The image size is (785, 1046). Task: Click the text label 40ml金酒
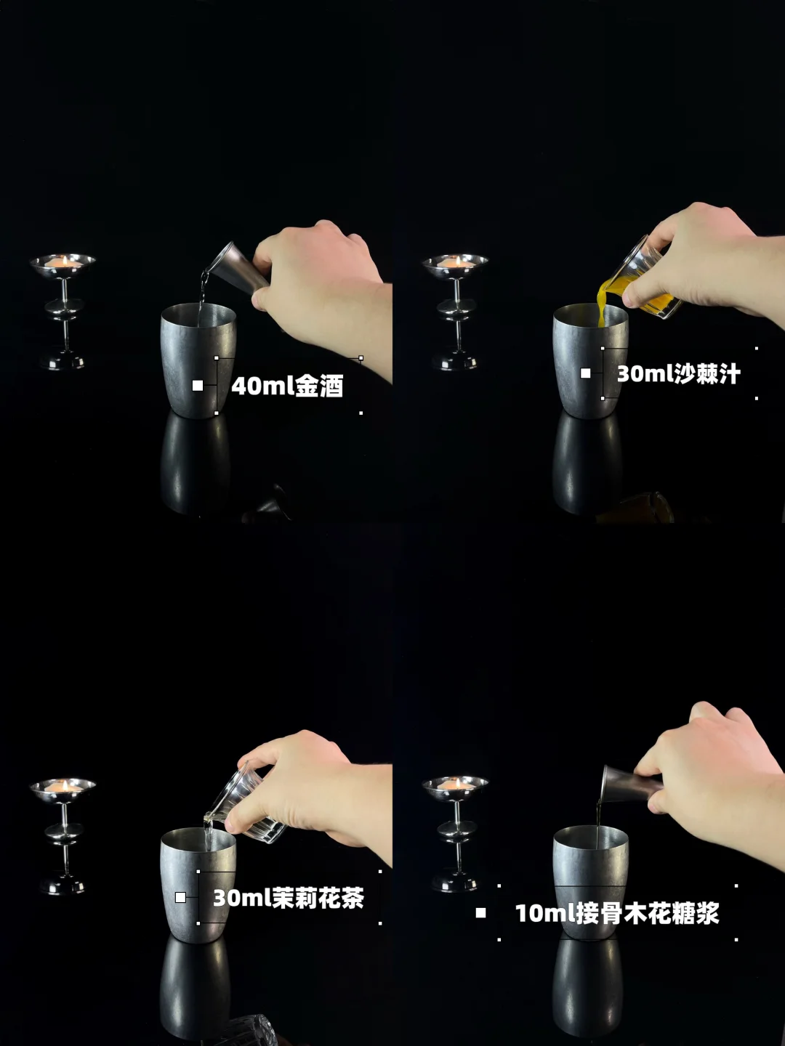[x=287, y=386]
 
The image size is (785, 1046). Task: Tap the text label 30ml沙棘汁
[x=679, y=373]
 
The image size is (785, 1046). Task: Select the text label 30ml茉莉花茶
[x=289, y=898]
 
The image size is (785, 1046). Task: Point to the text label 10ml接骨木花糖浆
[x=617, y=914]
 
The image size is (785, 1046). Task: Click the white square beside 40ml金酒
[x=197, y=386]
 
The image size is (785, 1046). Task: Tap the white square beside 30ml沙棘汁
[x=585, y=373]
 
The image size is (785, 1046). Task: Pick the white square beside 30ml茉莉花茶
[x=181, y=897]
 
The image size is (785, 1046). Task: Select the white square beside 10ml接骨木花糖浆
[x=480, y=913]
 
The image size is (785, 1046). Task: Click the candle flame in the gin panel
[x=65, y=261]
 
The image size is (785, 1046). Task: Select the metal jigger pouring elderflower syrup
[x=632, y=784]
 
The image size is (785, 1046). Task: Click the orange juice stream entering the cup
[x=602, y=309]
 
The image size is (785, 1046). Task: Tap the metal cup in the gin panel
[x=198, y=360]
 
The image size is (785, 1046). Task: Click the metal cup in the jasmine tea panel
[x=198, y=885]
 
